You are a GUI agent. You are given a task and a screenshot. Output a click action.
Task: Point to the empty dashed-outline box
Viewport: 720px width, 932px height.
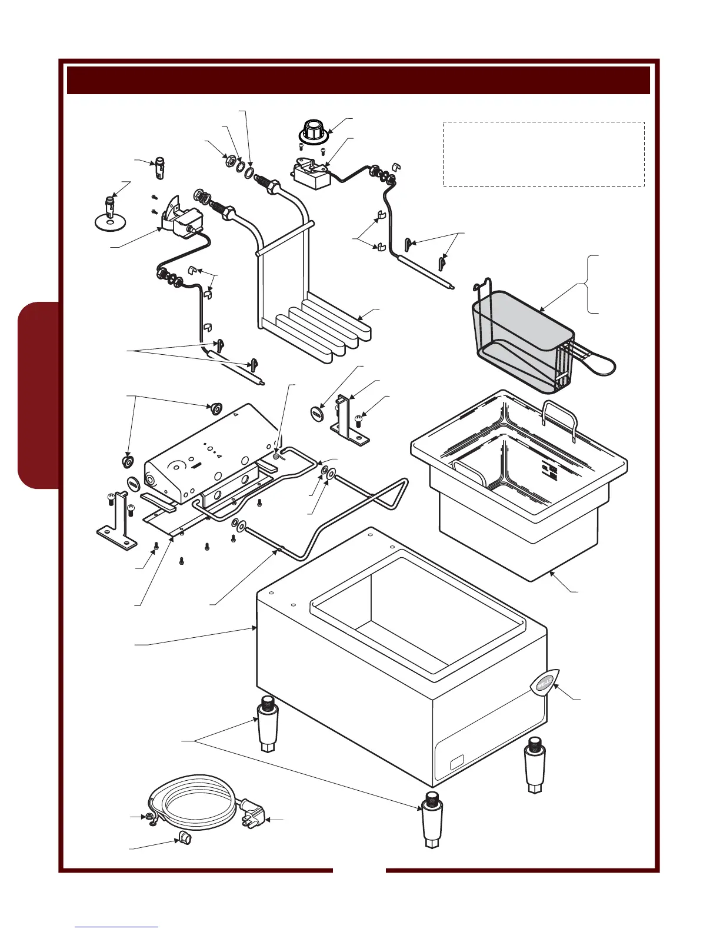tap(543, 154)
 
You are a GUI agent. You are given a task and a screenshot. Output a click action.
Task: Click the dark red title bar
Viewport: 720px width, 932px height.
tap(358, 80)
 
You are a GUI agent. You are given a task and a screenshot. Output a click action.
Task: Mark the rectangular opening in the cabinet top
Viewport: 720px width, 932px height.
tap(418, 615)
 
